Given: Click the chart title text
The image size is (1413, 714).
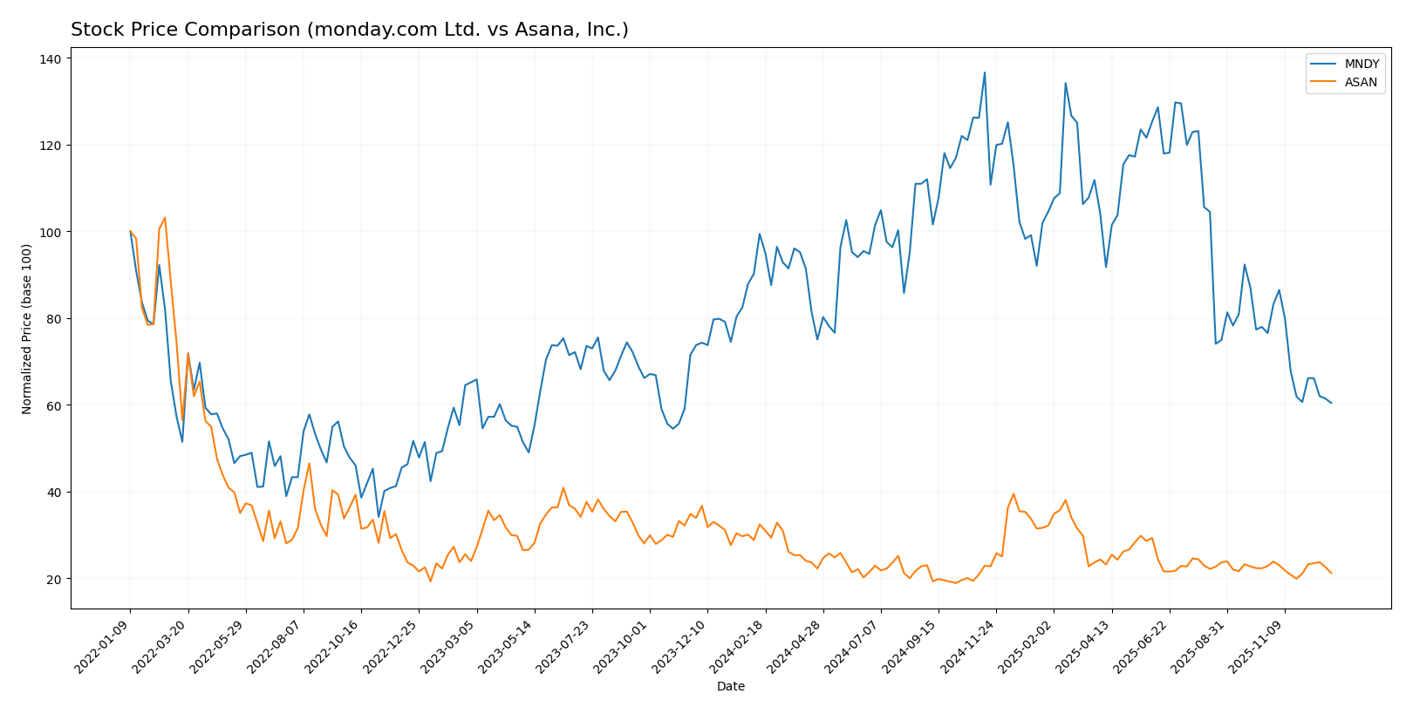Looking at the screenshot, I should coord(349,30).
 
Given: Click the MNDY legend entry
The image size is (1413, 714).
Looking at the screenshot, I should coord(1361,65).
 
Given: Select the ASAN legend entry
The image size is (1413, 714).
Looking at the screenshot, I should coord(1361,83).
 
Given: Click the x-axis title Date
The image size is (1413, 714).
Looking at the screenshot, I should coord(730,687).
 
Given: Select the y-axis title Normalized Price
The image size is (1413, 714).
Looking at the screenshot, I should coord(27,330).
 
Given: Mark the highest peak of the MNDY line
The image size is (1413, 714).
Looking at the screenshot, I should coord(985,72).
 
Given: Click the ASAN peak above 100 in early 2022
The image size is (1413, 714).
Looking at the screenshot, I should coord(165,218).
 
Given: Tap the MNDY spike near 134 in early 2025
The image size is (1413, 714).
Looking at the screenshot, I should coord(1065,84).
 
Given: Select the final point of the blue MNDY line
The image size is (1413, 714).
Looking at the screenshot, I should coord(1331,403).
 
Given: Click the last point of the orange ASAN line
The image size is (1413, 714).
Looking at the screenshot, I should coord(1331,573).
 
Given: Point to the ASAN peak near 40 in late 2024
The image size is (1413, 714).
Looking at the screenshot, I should coord(1014,494).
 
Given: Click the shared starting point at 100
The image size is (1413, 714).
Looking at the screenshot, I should coord(130,232).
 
